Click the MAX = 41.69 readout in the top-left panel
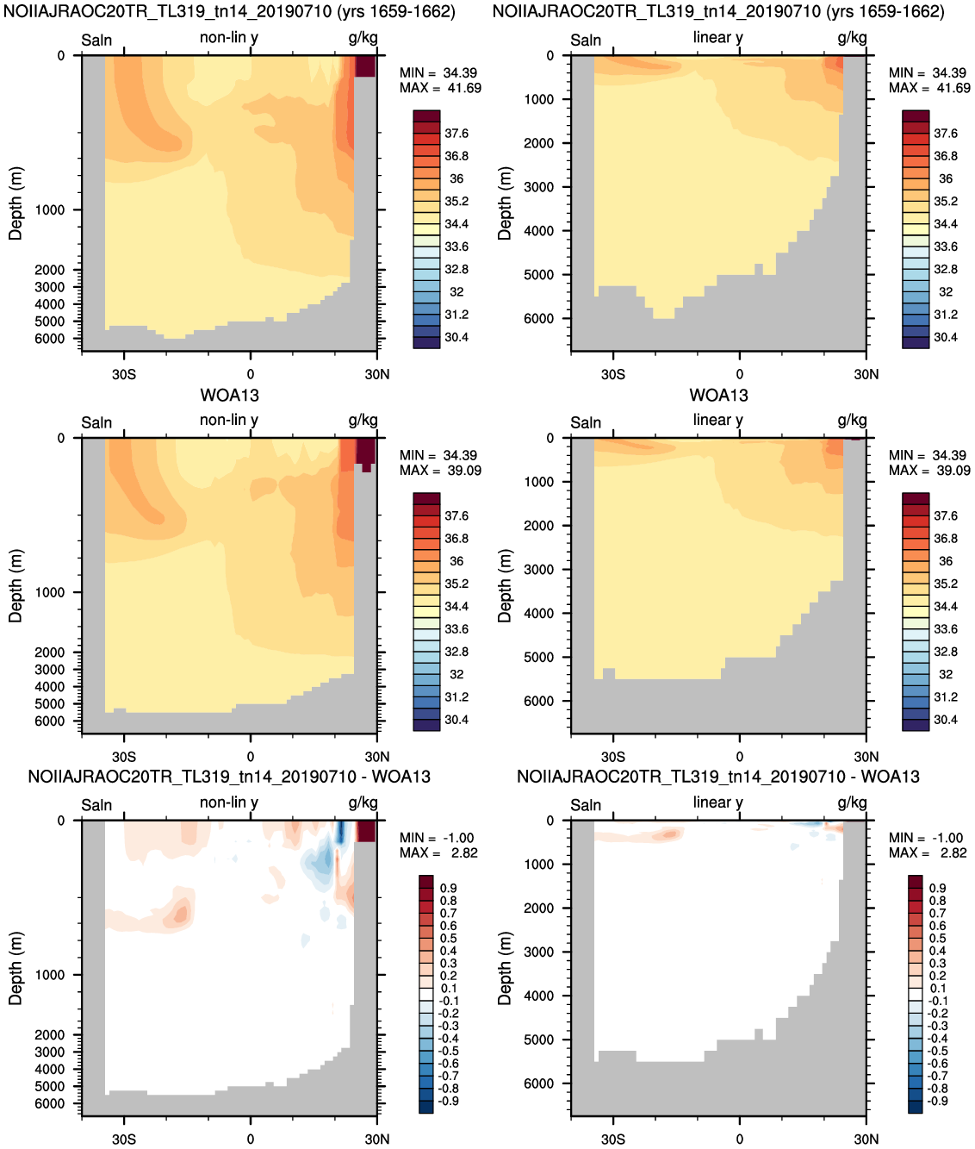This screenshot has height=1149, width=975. click(440, 88)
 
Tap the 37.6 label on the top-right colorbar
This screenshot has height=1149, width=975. click(945, 134)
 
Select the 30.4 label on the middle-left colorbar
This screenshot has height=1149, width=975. click(456, 720)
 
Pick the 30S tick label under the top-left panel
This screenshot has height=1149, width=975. click(124, 374)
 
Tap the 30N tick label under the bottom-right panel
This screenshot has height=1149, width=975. click(866, 1139)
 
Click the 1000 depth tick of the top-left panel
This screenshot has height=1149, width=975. click(50, 210)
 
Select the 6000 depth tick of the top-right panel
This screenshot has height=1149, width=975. click(539, 319)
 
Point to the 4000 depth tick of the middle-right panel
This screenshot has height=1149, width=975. click(539, 613)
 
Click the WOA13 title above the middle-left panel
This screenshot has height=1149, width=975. click(229, 396)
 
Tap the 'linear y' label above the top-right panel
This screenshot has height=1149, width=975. click(717, 38)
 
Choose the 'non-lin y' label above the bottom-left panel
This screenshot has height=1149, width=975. click(229, 802)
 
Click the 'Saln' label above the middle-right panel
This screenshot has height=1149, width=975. click(586, 423)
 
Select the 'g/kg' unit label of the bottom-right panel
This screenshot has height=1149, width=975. click(852, 803)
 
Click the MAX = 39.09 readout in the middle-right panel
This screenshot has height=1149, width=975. click(929, 471)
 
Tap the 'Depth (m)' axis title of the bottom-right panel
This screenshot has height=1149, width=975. click(505, 968)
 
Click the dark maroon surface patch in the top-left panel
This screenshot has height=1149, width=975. click(365, 66)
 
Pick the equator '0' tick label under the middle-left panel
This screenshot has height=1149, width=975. click(251, 757)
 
